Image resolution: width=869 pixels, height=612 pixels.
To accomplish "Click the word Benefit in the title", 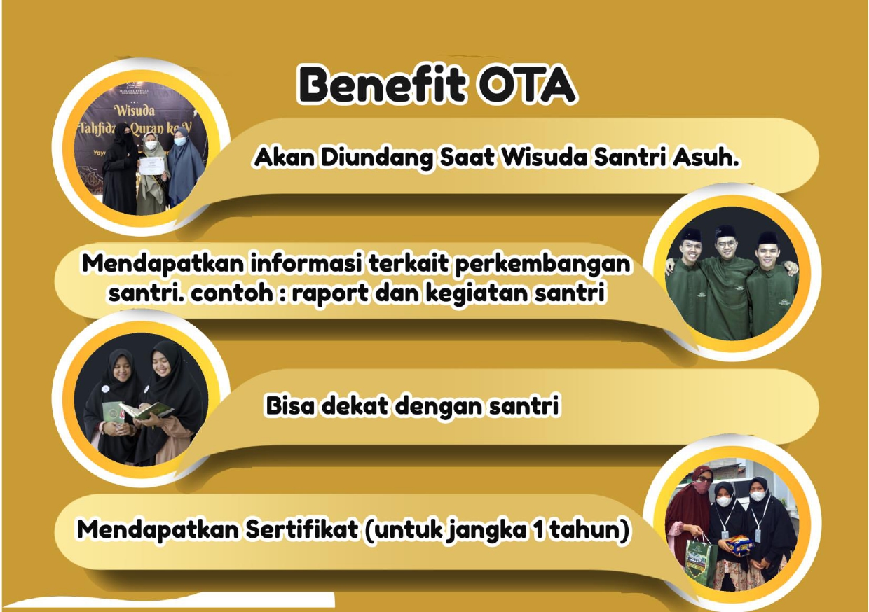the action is (x=382, y=85).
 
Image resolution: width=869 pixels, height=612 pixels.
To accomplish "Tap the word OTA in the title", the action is (x=526, y=85).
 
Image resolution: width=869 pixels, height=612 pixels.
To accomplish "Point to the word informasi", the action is (x=306, y=264).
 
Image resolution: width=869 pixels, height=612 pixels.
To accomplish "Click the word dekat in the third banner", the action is (x=355, y=406).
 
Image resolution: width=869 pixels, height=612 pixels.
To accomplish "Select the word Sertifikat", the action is (x=302, y=529).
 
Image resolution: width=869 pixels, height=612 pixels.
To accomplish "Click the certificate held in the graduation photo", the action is (x=152, y=165).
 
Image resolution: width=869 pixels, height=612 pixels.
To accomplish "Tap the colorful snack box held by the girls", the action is (x=739, y=545).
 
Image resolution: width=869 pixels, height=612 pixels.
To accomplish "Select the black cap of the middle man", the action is (x=725, y=232).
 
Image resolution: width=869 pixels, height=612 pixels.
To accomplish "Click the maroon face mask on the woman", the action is (x=701, y=487).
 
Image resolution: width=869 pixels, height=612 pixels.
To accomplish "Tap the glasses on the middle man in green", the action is (x=726, y=244).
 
